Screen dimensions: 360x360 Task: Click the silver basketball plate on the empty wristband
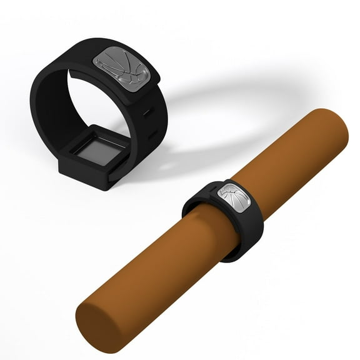(121, 65)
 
